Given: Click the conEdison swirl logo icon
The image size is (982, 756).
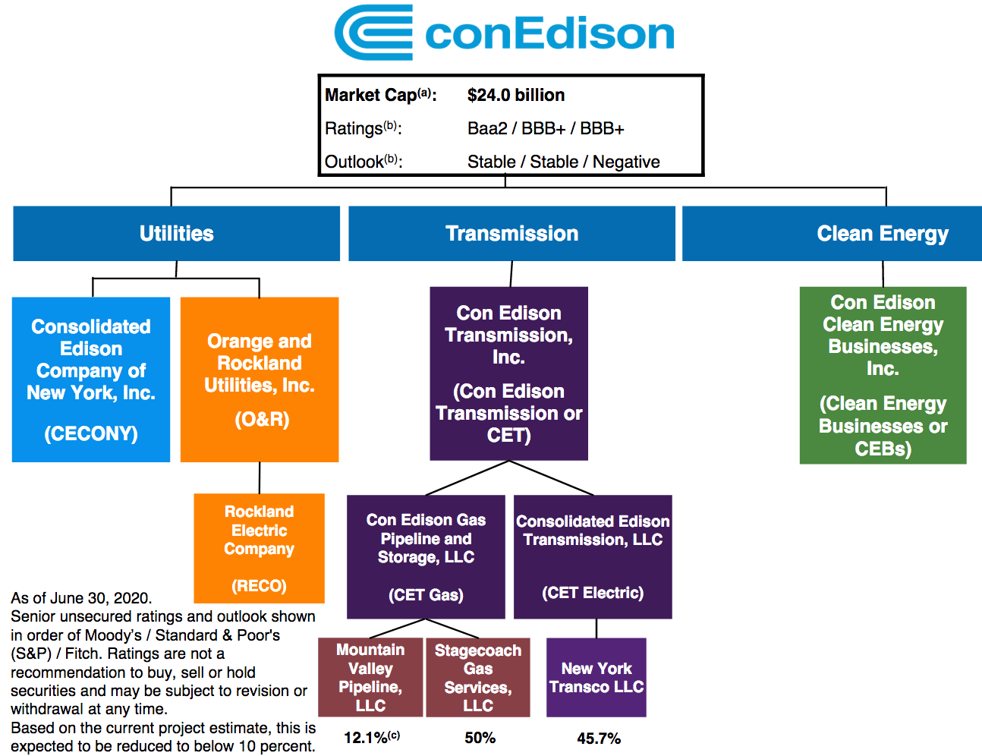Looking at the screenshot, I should click(373, 33).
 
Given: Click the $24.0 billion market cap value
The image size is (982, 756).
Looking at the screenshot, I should click(515, 95).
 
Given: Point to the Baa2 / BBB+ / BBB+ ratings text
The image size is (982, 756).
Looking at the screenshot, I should click(545, 128).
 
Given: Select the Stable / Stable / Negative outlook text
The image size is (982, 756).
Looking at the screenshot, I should click(563, 162).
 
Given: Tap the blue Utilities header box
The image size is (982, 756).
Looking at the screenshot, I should click(176, 234).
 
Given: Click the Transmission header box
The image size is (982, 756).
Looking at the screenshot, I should click(511, 234).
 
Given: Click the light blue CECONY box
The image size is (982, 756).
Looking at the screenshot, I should click(91, 380).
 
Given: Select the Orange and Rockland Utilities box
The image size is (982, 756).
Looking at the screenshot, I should click(260, 380).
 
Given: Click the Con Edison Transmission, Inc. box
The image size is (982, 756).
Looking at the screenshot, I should click(508, 373).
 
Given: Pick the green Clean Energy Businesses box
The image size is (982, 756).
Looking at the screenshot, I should click(883, 375).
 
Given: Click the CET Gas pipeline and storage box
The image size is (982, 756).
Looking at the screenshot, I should click(426, 557).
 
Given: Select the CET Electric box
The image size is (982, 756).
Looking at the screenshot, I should click(593, 557).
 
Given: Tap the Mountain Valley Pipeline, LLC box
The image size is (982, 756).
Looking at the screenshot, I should click(370, 677).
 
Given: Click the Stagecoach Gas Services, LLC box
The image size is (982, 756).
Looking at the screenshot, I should click(478, 677).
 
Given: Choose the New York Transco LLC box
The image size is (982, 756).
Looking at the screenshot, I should click(596, 677).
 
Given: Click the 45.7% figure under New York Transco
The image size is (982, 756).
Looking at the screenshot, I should click(599, 738).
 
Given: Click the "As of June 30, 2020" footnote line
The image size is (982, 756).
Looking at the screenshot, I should click(81, 598).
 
